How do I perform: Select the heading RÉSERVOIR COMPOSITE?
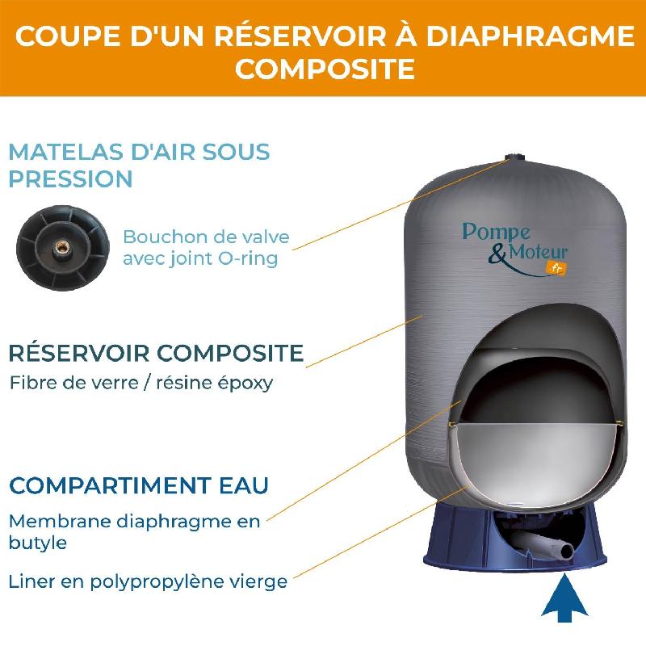155,353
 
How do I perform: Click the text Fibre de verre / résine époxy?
141,382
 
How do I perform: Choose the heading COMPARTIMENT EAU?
138,486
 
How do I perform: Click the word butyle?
37,543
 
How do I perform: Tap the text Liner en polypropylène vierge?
148,581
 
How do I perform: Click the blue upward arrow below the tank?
563,596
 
